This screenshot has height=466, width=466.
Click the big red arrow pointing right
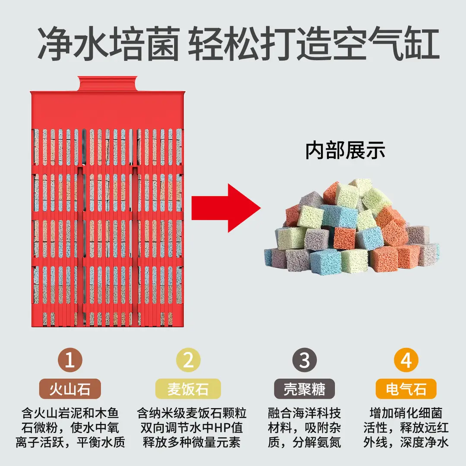(x=226, y=208)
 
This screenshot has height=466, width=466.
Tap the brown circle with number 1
(x=70, y=360)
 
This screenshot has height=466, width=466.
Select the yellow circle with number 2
(x=188, y=360)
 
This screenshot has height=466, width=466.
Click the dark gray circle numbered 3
(x=304, y=360)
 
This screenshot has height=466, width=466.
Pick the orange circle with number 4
(x=406, y=360)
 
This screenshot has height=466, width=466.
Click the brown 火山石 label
(x=70, y=389)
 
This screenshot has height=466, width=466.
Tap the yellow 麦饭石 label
(x=188, y=389)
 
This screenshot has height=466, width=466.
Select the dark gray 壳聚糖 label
(x=304, y=389)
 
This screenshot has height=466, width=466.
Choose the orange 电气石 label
(x=406, y=389)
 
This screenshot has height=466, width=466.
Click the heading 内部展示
(x=345, y=151)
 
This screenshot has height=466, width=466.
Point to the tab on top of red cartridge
(x=107, y=84)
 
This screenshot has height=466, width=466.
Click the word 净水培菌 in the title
(x=109, y=44)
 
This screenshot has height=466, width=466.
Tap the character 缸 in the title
(x=422, y=44)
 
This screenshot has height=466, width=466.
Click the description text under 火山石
(x=70, y=428)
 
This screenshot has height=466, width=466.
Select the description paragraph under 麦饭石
(x=192, y=428)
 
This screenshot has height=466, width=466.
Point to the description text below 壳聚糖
(x=304, y=428)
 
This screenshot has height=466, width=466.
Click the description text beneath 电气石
(x=406, y=428)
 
